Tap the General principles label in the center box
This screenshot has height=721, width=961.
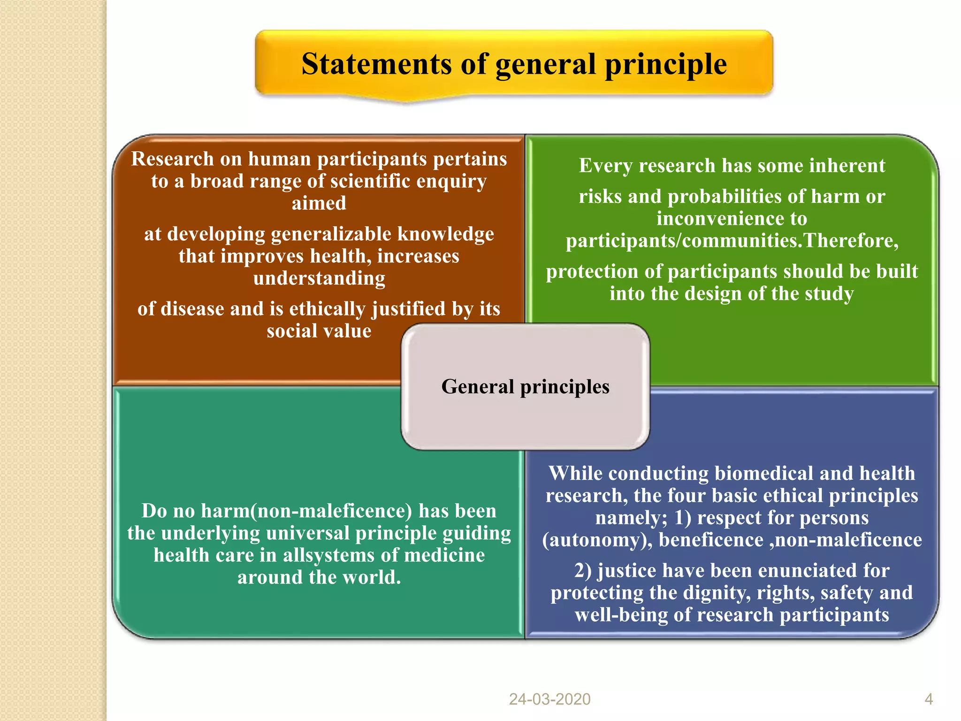point(525,387)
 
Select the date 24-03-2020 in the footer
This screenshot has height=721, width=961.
point(549,699)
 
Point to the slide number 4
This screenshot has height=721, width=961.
point(929,699)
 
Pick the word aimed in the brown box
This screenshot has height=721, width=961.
point(319,204)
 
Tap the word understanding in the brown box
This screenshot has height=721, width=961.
point(319,278)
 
